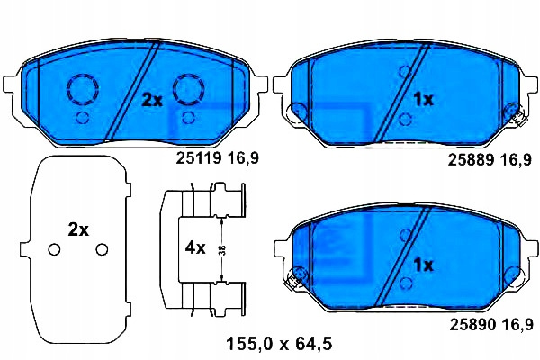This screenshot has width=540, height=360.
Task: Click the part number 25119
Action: pyautogui.click(x=198, y=158)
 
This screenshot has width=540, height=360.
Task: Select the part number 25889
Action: pyautogui.click(x=471, y=160)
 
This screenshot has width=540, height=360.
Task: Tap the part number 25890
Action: pyautogui.click(x=472, y=324)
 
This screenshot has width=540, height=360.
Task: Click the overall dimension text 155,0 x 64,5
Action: pyautogui.click(x=279, y=344)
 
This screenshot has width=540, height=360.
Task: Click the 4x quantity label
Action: pyautogui.click(x=195, y=247)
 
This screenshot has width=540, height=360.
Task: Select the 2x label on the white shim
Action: pyautogui.click(x=78, y=229)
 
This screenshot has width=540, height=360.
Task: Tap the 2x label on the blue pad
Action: pyautogui.click(x=152, y=101)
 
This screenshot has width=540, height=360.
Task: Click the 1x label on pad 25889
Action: pyautogui.click(x=423, y=100)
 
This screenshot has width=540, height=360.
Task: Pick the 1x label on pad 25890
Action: pyautogui.click(x=423, y=265)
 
